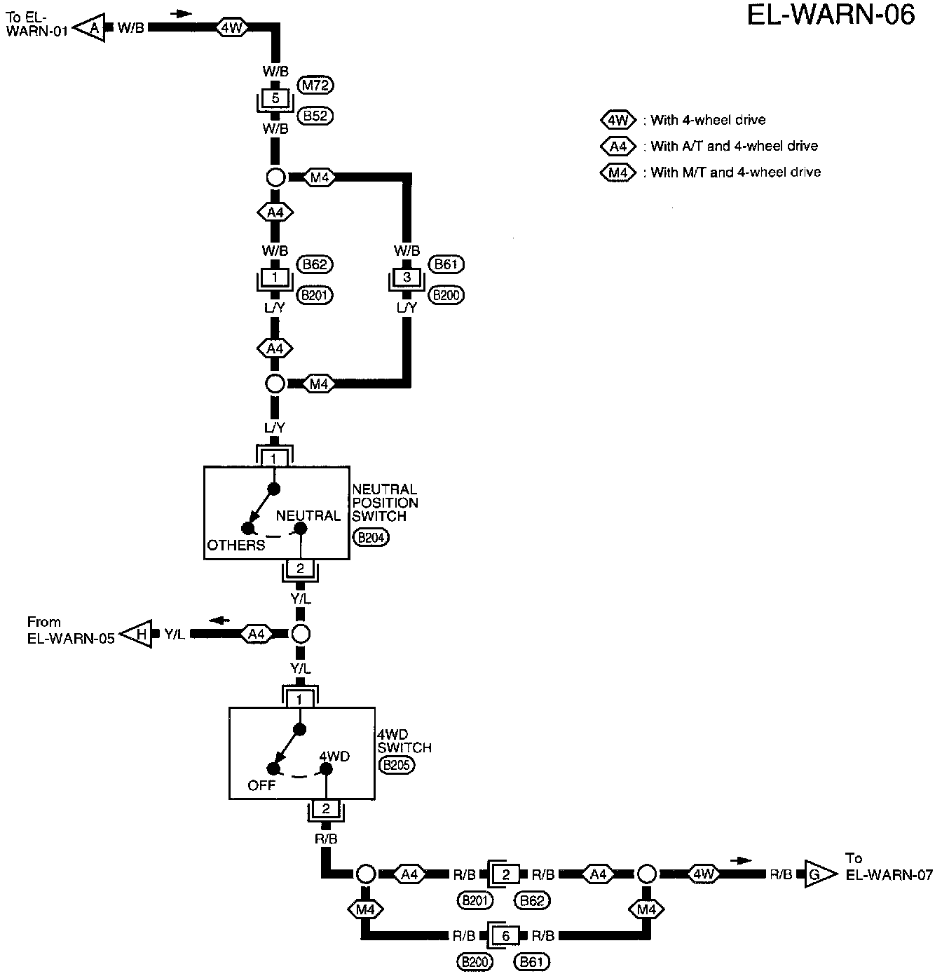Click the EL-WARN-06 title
831,15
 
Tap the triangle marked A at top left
90,28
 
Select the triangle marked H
137,635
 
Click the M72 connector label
315,86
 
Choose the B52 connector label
315,116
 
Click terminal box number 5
275,98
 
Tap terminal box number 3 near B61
407,277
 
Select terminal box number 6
506,936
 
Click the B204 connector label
371,538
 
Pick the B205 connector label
396,765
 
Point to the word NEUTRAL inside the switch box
308,515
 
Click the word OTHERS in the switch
236,545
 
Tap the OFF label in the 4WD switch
261,785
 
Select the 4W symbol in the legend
617,121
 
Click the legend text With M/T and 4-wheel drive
735,172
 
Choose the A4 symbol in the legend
617,147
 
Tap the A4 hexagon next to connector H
257,635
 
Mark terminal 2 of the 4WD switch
325,809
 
